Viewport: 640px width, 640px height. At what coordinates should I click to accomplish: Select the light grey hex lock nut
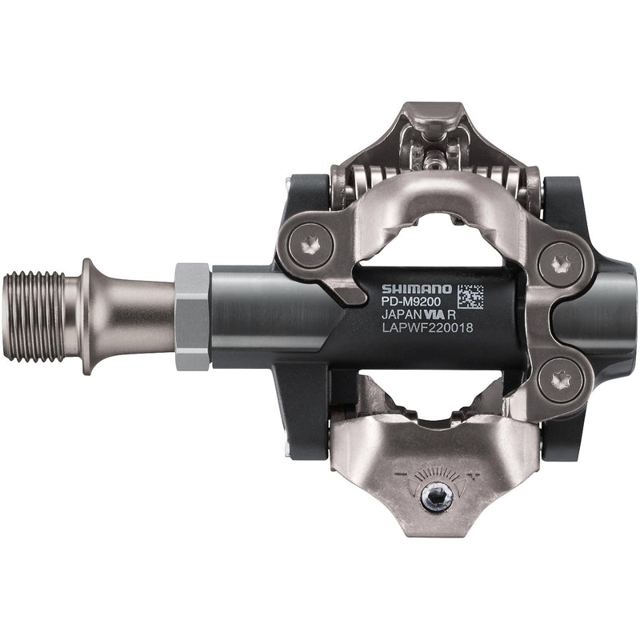(191, 315)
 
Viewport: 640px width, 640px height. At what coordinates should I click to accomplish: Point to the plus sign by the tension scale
(475, 474)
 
